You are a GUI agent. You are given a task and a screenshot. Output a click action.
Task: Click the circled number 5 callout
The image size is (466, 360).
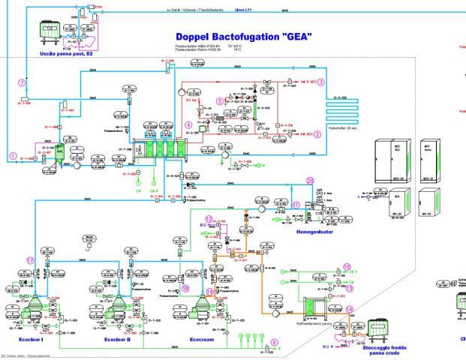pos(219,100)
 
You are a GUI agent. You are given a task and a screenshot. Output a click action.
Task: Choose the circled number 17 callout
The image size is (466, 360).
pos(31,260)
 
